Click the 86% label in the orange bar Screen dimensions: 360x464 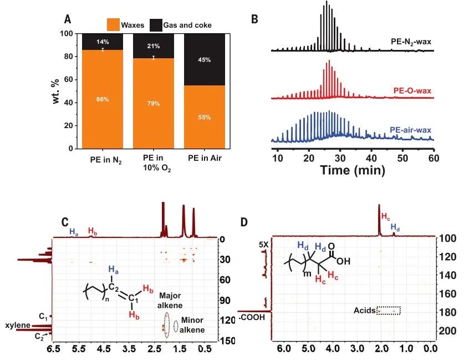103,99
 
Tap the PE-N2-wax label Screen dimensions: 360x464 410,42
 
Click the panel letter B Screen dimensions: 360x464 255,19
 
